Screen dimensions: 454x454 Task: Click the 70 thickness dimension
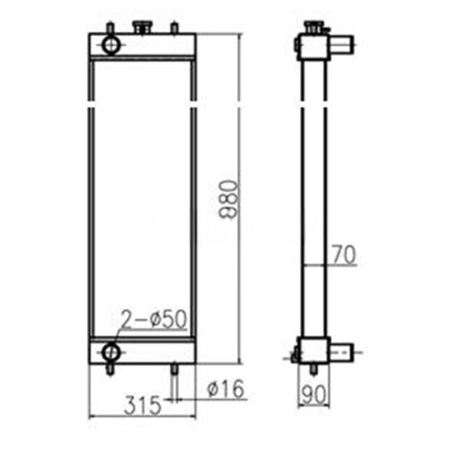click(x=344, y=255)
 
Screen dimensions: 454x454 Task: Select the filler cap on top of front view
click(x=141, y=27)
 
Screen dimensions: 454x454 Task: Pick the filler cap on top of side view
click(x=313, y=27)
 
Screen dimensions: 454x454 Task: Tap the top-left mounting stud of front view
click(x=110, y=29)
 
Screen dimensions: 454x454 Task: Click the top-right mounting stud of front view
click(x=174, y=29)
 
